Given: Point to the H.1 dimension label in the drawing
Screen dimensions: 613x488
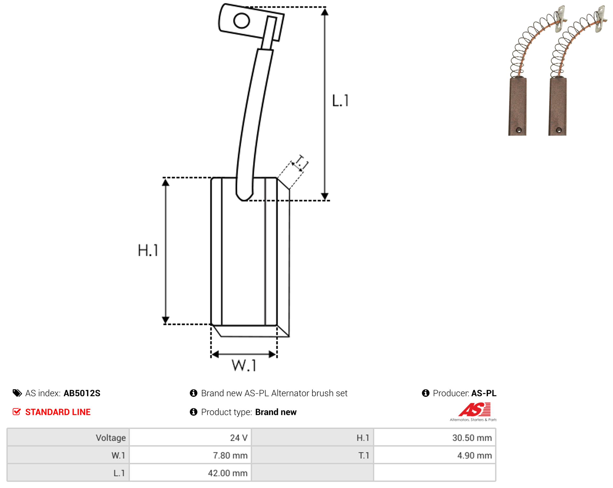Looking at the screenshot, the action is tap(148, 250).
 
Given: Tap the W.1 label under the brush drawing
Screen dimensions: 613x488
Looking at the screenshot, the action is tap(244, 366).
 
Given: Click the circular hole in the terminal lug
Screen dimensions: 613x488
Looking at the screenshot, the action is tap(241, 21).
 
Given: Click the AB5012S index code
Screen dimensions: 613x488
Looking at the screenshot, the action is tap(82, 393).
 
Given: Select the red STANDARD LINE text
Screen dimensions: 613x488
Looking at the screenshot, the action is tap(58, 412).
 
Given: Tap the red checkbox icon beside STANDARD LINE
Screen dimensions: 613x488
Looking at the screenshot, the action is tap(17, 412).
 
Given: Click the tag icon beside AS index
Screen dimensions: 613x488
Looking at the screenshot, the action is tap(17, 393).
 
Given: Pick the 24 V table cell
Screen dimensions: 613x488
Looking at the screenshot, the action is tap(190, 438).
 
